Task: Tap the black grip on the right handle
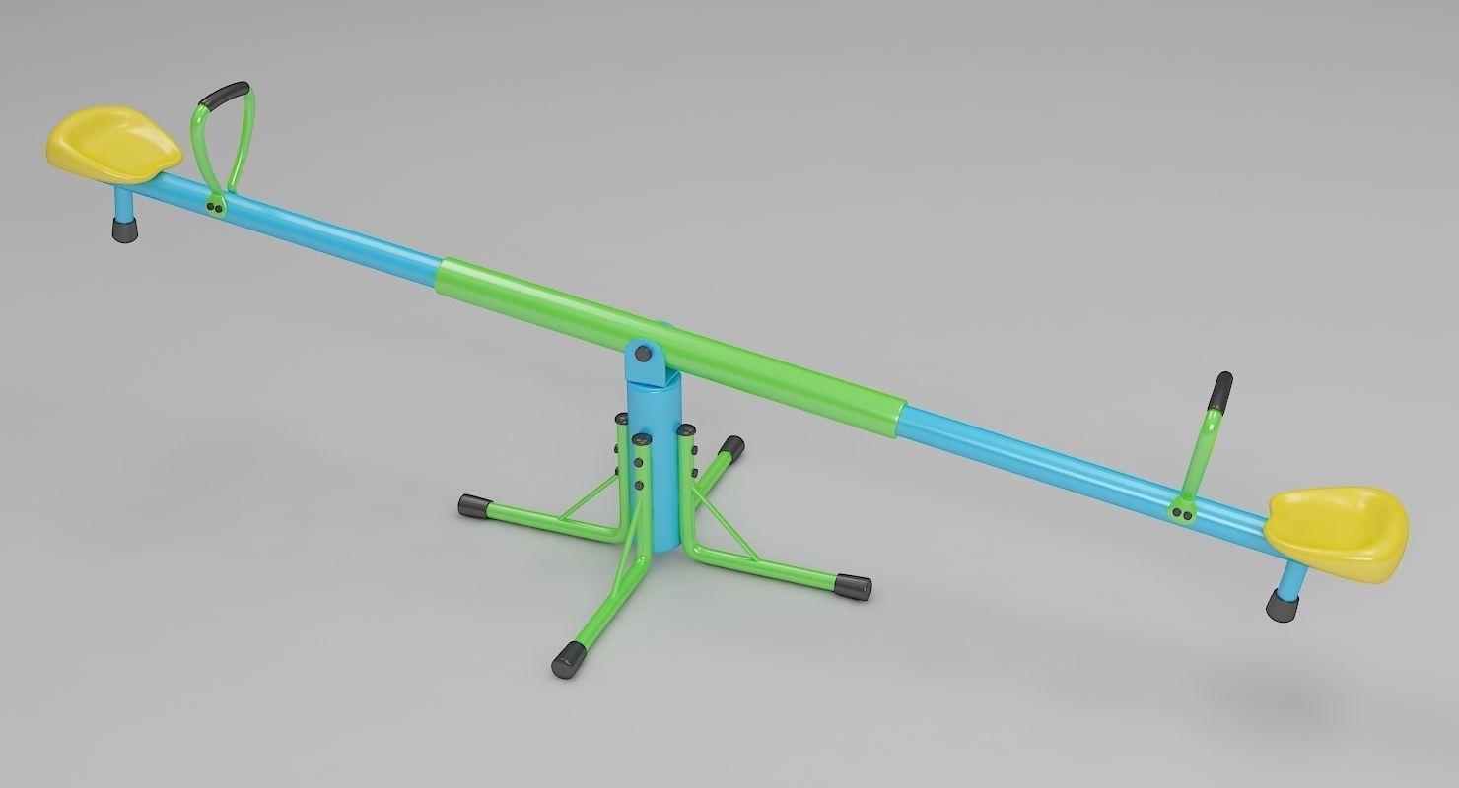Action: pyautogui.click(x=1221, y=392)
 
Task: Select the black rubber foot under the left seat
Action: pyautogui.click(x=125, y=230)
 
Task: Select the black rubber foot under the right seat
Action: pyautogui.click(x=1282, y=606)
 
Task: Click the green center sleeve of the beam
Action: pyautogui.click(x=670, y=332)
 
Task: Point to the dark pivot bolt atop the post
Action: pyautogui.click(x=643, y=352)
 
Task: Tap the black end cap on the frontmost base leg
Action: pyautogui.click(x=569, y=660)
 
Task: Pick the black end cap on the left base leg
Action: pyautogui.click(x=475, y=507)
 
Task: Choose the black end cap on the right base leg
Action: pyautogui.click(x=853, y=587)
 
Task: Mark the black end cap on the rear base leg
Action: pyautogui.click(x=731, y=449)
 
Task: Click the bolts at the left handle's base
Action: pyautogui.click(x=214, y=205)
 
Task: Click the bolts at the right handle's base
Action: pyautogui.click(x=1181, y=511)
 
